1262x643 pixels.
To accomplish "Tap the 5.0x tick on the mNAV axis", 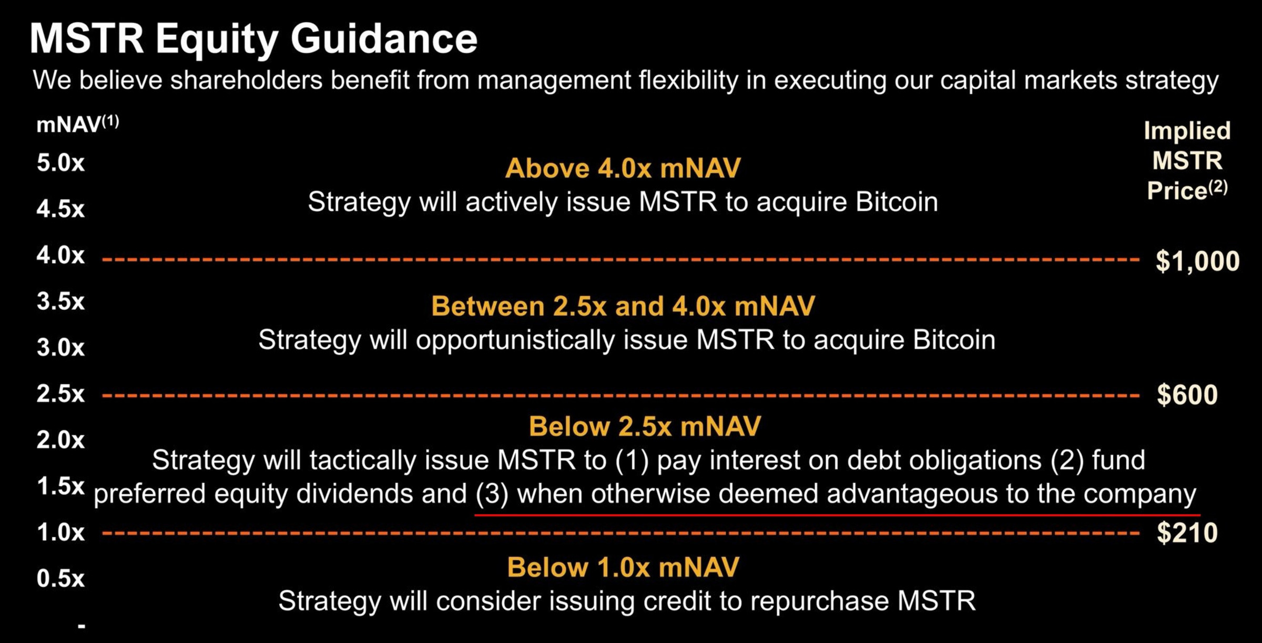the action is [x=60, y=163].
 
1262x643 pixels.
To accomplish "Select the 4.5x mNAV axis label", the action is [x=60, y=209].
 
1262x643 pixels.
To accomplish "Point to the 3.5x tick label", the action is [x=60, y=301].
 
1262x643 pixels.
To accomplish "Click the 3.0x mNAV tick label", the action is [x=60, y=347].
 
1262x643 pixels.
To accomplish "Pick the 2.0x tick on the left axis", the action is [x=60, y=439].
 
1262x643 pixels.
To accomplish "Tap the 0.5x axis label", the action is [x=60, y=578].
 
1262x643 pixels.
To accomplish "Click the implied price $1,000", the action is [x=1197, y=262].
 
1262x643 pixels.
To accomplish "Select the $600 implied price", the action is [x=1187, y=394].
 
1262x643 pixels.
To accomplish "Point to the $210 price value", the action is [x=1187, y=533].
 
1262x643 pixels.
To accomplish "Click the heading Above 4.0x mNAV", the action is [x=623, y=168].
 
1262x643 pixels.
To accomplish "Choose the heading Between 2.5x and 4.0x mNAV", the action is [x=623, y=306].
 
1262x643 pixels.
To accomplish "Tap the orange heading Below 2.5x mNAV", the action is [x=645, y=426].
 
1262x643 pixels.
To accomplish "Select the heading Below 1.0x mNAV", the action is [x=623, y=567].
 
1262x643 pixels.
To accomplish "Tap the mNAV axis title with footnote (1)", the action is [x=78, y=124].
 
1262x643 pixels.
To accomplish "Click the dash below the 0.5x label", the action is [x=82, y=626].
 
